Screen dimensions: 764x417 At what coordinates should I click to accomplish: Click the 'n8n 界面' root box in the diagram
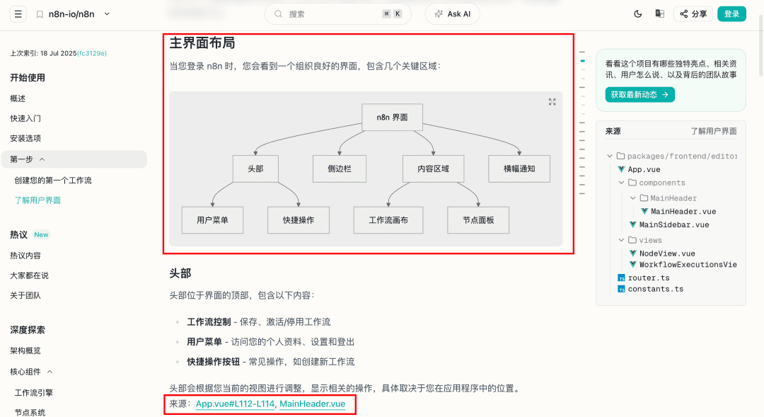392,117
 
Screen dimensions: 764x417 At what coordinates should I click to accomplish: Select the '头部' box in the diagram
255,168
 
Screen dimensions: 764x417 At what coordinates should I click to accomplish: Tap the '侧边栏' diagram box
339,168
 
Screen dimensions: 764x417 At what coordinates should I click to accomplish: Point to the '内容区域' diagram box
433,168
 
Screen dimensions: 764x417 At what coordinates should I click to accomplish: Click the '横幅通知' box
519,168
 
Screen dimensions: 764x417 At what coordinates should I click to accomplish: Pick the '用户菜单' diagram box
212,220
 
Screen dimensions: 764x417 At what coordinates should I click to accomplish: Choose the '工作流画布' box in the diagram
388,220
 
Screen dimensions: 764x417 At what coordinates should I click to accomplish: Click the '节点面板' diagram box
478,220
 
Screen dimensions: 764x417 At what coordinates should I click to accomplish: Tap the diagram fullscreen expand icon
552,101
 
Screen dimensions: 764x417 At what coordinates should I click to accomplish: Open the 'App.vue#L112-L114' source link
235,404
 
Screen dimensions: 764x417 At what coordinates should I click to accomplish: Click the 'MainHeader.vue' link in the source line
313,404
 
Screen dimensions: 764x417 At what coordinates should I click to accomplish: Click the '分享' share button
693,14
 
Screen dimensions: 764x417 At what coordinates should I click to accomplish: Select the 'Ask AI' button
453,14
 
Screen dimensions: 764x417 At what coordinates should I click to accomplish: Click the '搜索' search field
338,14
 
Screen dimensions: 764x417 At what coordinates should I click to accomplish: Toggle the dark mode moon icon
638,14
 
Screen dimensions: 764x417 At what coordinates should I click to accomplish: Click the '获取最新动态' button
639,95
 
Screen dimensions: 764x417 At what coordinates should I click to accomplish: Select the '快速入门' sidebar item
25,118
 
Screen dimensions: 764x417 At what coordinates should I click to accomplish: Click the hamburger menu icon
18,14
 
